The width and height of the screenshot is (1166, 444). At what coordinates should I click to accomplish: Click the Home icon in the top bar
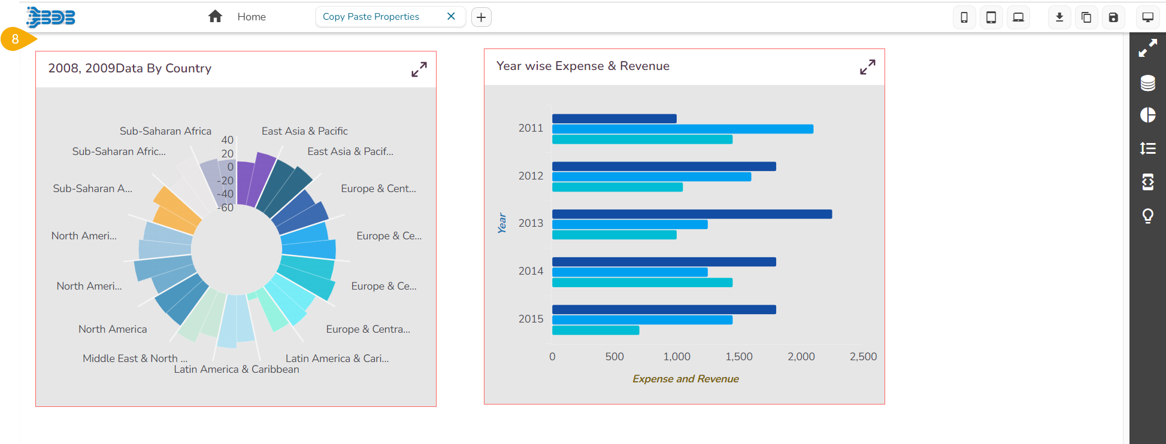point(215,17)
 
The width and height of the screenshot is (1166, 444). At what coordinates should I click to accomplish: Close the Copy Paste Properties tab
point(451,17)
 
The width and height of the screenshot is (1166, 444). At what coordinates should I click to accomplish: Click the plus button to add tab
point(481,17)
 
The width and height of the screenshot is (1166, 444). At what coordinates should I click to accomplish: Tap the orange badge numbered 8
point(16,39)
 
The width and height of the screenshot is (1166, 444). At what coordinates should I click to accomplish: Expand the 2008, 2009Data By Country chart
point(419,69)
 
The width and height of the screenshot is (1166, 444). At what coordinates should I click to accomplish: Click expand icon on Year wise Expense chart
point(867,67)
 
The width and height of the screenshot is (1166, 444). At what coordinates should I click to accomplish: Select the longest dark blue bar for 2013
point(691,214)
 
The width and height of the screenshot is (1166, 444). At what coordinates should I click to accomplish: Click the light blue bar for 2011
point(682,129)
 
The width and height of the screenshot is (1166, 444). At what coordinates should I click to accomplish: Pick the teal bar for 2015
point(595,330)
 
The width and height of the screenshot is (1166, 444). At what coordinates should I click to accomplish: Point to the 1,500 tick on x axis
point(738,357)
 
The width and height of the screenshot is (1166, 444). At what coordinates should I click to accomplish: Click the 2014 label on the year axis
point(531,271)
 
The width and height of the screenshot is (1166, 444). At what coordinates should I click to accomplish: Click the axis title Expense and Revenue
point(685,379)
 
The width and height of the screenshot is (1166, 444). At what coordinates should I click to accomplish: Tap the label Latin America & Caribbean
point(237,370)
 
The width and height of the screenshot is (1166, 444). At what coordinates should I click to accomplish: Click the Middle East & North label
point(135,358)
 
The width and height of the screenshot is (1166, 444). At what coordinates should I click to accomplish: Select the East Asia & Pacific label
point(304,131)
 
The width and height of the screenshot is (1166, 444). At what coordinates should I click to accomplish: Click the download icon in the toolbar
point(1059,17)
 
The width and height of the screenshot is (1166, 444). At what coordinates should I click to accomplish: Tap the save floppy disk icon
point(1113,17)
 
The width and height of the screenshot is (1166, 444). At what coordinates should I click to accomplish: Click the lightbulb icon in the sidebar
point(1147,215)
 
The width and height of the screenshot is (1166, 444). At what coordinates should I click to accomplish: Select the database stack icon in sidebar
point(1147,83)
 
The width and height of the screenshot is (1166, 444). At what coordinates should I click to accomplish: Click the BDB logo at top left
point(52,17)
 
